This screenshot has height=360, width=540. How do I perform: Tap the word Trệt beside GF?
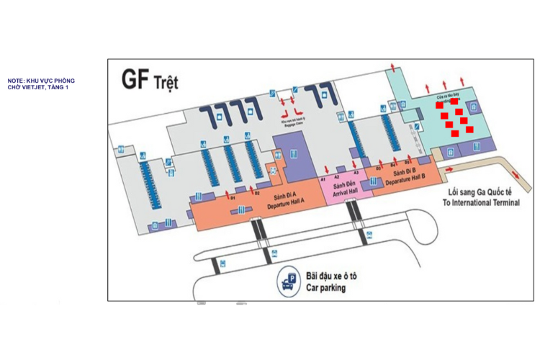tap(166, 81)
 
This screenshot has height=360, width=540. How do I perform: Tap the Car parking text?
tap(325, 287)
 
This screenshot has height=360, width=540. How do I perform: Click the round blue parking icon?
tap(289, 282)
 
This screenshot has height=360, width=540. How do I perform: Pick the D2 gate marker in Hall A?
tap(256, 193)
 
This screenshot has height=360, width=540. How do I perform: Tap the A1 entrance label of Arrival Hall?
tap(323, 177)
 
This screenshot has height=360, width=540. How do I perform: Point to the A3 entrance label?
tap(356, 172)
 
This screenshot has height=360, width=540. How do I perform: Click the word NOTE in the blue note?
tap(16, 81)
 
